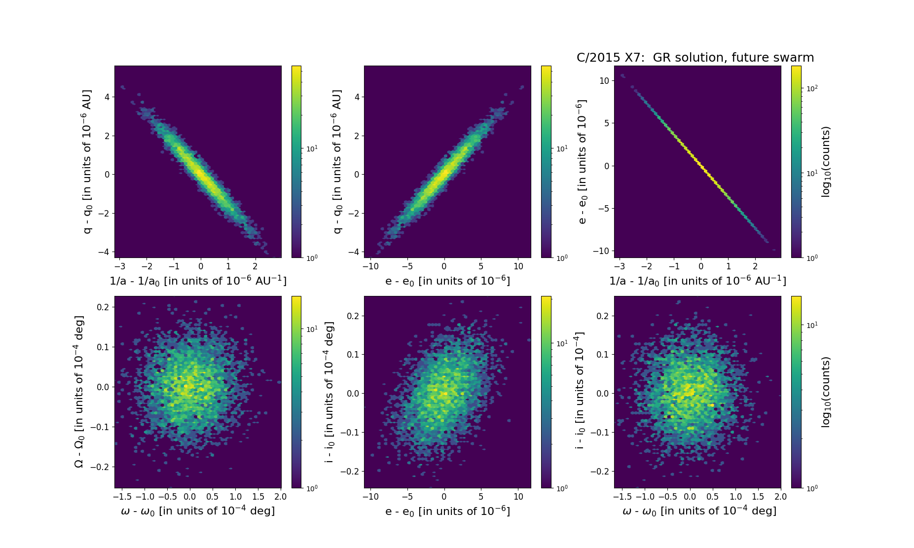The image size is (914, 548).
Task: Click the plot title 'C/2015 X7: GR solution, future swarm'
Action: click(695, 58)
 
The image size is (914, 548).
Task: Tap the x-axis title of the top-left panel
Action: click(198, 281)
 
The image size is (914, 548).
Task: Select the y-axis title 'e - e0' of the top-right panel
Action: click(582, 162)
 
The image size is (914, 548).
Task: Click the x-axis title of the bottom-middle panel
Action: click(447, 511)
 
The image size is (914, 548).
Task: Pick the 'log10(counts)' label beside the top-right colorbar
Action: click(826, 162)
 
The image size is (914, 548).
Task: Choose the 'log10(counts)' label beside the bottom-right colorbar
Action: click(826, 392)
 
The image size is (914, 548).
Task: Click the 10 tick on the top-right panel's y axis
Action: click(604, 80)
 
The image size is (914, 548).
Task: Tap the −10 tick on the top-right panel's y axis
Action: click(601, 251)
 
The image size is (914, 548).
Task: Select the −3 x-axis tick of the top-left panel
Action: click(119, 266)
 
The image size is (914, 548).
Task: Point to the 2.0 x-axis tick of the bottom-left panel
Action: click(280, 497)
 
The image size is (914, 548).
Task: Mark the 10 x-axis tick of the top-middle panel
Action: click(518, 266)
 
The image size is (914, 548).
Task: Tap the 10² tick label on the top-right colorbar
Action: click(811, 88)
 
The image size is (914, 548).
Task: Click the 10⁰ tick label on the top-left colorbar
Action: click(312, 257)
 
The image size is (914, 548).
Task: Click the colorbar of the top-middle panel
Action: click(546, 162)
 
